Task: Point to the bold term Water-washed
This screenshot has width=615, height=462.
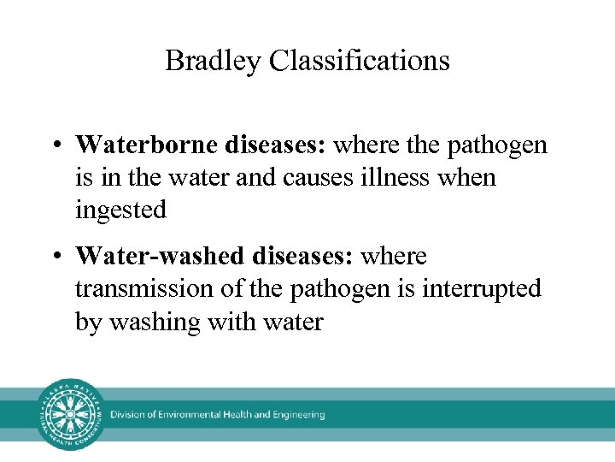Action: tap(160, 256)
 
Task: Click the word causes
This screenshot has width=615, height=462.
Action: tap(327, 177)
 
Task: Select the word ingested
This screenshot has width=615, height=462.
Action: tap(120, 210)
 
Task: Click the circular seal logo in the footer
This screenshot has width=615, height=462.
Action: tap(68, 414)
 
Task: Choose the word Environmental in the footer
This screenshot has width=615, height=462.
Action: tap(185, 415)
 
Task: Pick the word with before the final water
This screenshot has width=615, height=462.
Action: tap(223, 322)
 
